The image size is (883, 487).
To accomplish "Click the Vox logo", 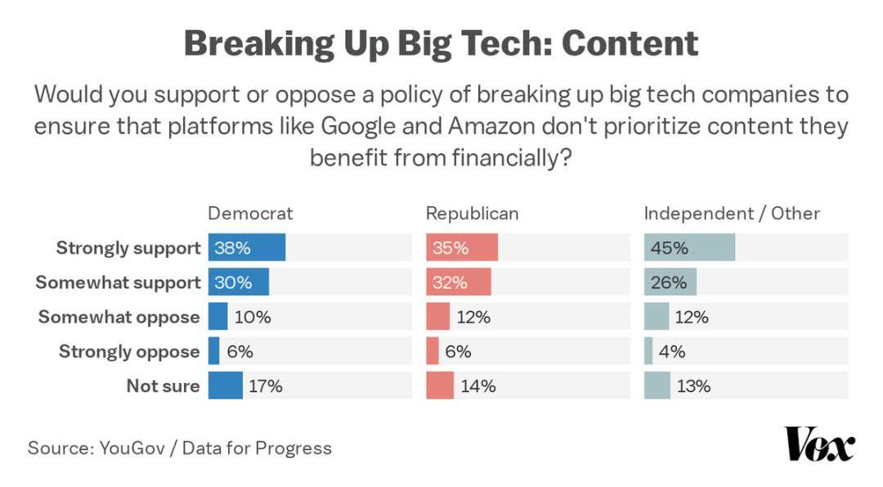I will tap(819, 444).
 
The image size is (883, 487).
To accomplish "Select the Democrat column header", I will tap(250, 214).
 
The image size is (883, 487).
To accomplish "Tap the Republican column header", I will tap(472, 214).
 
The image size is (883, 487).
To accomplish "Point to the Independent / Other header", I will tap(732, 214).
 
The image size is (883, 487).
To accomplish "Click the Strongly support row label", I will tap(128, 248).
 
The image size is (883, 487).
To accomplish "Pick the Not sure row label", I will tap(163, 386).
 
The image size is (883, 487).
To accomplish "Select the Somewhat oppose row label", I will tap(119, 317).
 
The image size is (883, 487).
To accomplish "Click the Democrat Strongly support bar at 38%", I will tap(247, 248).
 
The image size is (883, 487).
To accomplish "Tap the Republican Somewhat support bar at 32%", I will tap(459, 282).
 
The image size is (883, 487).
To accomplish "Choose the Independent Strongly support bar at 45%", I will tap(689, 248).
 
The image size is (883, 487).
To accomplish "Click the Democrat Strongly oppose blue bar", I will tap(214, 351).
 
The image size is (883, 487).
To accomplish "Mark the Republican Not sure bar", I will tap(440, 386).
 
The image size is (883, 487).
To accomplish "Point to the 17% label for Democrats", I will tap(265, 386).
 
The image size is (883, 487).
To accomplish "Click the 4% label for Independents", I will tap(671, 351).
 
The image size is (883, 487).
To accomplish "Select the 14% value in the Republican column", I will tap(478, 386).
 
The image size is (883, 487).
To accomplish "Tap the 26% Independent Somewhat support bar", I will tap(670, 282).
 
